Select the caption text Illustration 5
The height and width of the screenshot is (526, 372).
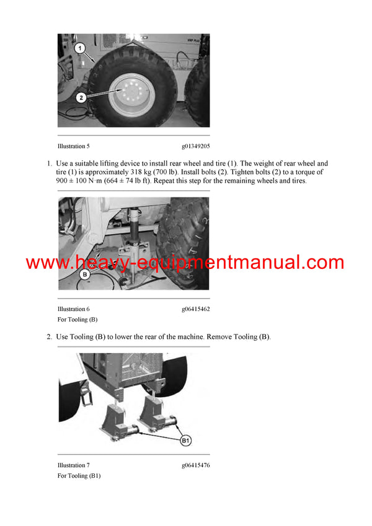(74, 146)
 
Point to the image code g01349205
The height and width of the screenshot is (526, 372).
(195, 146)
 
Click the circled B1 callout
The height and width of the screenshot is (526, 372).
(185, 441)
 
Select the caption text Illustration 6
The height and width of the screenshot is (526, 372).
(74, 309)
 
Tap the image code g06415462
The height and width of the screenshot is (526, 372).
(195, 309)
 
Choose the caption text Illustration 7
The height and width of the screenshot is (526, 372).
(74, 465)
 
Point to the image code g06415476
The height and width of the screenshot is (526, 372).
(195, 465)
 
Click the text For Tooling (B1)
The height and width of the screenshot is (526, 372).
(79, 476)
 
